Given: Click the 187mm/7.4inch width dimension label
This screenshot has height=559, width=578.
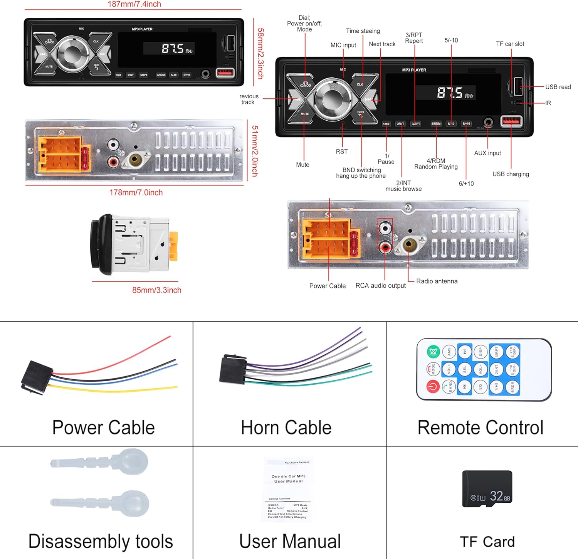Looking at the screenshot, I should tap(134, 4).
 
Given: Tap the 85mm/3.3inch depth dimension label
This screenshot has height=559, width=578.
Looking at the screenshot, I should tap(156, 290).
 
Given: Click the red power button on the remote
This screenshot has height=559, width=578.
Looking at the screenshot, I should tap(433, 386).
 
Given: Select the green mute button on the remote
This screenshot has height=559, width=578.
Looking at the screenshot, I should tap(433, 352).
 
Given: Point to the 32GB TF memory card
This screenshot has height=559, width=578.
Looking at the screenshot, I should tap(487, 488).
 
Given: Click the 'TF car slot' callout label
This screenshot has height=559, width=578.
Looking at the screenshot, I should tap(510, 44).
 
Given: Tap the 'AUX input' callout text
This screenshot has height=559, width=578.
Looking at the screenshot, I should tap(487, 153).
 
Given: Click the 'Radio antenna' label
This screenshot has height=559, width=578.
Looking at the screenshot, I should tap(437, 281).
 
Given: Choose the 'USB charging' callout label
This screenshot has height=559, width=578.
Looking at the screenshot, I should tap(511, 174).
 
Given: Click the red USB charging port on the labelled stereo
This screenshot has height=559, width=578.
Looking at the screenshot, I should tap(511, 121).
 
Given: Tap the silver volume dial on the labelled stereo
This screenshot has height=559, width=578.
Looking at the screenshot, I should tap(331, 99).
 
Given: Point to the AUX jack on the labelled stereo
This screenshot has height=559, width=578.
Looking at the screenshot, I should tap(488, 123).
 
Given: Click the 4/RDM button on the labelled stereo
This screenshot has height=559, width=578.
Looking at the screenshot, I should tap(436, 124).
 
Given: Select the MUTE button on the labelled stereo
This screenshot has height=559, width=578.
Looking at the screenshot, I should tap(304, 114).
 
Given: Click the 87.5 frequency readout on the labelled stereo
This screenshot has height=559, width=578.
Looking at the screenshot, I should tap(450, 93).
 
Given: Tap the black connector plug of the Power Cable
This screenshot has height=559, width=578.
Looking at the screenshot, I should tap(35, 377).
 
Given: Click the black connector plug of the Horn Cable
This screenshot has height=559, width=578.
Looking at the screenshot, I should tap(232, 369).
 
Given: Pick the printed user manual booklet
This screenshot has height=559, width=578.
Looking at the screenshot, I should tap(288, 490).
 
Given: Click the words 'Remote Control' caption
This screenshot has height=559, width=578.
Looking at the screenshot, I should tap(481, 428).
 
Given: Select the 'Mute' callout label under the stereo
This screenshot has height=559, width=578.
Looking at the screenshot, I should tap(302, 165).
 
